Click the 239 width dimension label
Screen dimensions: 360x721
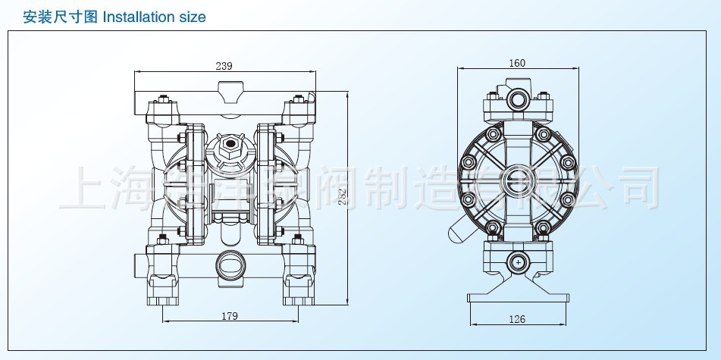pyautogui.click(x=224, y=66)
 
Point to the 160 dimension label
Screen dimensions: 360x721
pyautogui.click(x=517, y=63)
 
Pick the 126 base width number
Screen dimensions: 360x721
pyautogui.click(x=516, y=319)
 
